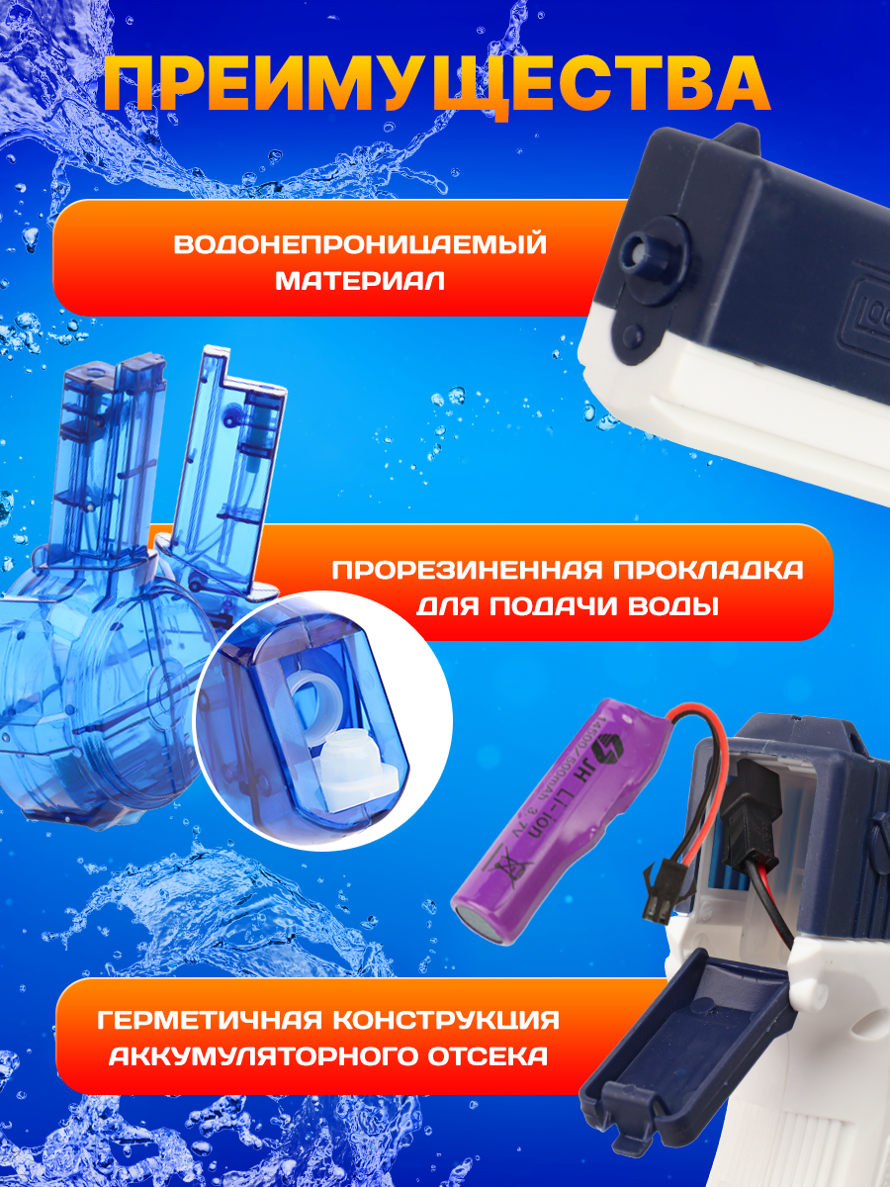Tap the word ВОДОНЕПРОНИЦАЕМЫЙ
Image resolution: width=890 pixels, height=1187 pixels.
point(360,243)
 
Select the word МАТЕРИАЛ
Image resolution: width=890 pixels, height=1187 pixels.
point(360,281)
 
